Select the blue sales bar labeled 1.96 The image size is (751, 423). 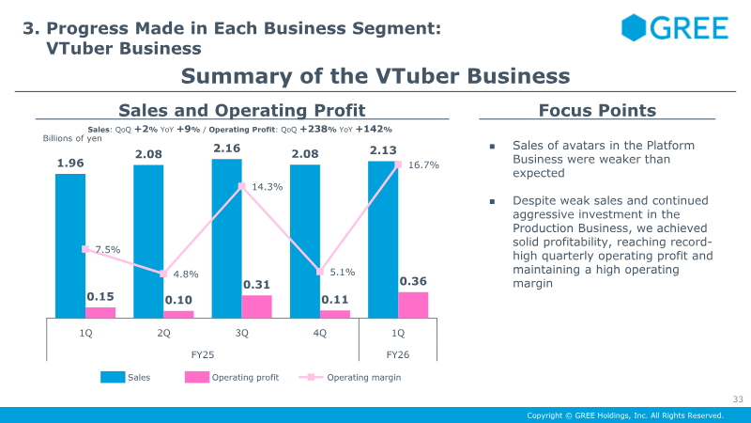[70, 244]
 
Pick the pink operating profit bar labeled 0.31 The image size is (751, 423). [256, 306]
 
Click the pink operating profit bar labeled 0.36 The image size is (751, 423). [413, 305]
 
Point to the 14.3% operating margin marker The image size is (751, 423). [241, 186]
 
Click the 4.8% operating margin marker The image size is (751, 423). [163, 274]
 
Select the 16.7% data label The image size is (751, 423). [423, 165]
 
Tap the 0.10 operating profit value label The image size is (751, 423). [178, 301]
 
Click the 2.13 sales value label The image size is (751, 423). [382, 150]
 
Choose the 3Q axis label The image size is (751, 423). [241, 333]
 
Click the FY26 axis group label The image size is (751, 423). [398, 353]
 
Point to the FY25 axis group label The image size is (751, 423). [203, 353]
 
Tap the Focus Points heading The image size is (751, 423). [597, 111]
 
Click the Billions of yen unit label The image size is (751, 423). [70, 138]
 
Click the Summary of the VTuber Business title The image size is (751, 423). [375, 75]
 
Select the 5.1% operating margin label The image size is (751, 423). [343, 273]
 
